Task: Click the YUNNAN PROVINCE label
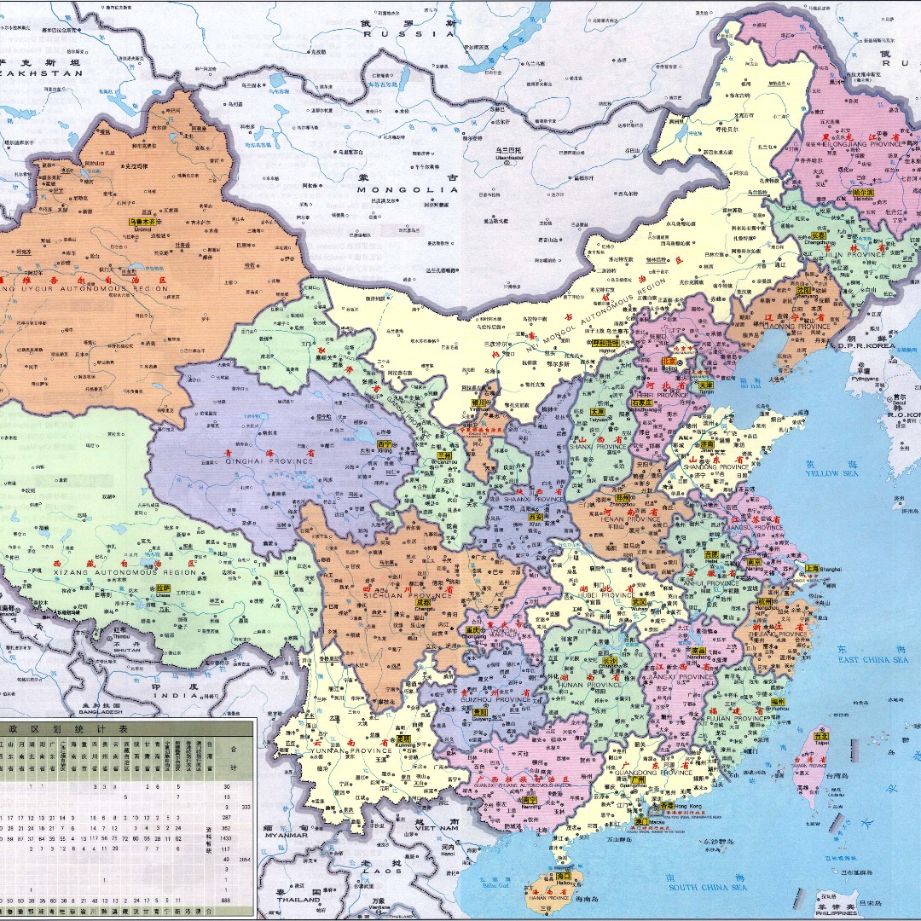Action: click(x=359, y=751)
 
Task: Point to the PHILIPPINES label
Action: click(x=835, y=913)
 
